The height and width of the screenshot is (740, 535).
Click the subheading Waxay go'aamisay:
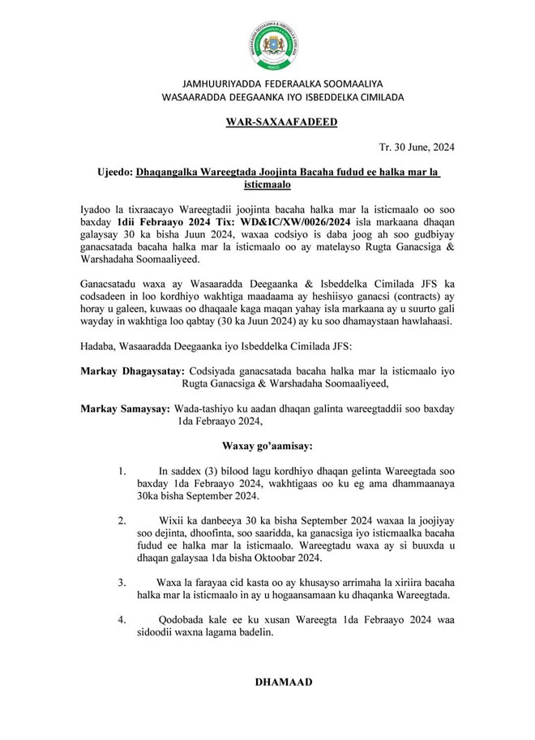tap(267, 446)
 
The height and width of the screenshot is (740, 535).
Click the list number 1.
tap(122, 471)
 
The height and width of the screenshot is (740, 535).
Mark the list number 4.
tap(122, 622)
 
